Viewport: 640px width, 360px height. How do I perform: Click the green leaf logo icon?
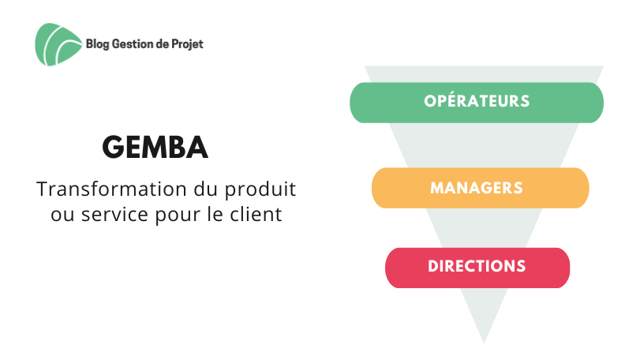(58, 44)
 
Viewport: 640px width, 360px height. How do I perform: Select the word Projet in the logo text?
(187, 44)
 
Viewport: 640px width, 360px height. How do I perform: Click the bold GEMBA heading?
(155, 147)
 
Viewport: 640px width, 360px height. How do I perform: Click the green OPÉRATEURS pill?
(477, 103)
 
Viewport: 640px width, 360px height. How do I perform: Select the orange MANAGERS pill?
(480, 188)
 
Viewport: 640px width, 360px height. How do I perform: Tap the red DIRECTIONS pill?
(477, 268)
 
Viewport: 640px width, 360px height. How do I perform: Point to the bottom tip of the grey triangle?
(484, 343)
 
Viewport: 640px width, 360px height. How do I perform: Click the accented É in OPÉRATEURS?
(454, 100)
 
